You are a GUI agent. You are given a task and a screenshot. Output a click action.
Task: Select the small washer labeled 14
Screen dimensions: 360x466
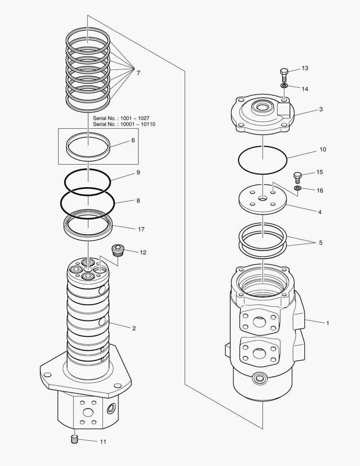click(x=284, y=86)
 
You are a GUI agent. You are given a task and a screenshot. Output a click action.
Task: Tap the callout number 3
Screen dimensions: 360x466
click(x=321, y=110)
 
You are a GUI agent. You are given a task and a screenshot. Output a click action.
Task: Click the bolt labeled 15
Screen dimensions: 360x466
click(x=297, y=177)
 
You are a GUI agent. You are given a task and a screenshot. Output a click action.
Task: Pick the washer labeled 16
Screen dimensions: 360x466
click(x=297, y=189)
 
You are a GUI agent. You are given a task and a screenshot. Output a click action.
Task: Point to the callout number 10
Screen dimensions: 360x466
click(x=322, y=150)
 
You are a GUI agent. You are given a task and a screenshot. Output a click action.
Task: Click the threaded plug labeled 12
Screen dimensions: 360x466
click(x=118, y=250)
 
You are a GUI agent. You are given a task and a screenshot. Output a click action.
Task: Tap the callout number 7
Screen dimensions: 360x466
click(x=138, y=73)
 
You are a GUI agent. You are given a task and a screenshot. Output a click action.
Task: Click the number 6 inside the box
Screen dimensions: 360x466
click(x=133, y=140)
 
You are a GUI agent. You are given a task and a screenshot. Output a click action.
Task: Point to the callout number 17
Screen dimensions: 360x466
click(x=141, y=230)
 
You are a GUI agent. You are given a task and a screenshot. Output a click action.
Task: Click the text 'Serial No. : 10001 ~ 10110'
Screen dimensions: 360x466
click(x=124, y=124)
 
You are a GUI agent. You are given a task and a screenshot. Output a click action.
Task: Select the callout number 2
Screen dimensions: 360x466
click(x=134, y=328)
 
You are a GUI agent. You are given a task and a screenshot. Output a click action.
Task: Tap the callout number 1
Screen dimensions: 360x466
click(x=328, y=323)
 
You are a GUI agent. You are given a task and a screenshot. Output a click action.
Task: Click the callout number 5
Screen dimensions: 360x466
click(x=320, y=243)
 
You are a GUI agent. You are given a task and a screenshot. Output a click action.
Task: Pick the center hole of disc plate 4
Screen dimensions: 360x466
click(x=263, y=198)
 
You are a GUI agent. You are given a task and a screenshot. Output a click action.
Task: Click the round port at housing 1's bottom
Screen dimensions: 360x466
click(x=260, y=379)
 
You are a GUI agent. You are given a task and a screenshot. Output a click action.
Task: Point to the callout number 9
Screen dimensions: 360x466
click(x=138, y=172)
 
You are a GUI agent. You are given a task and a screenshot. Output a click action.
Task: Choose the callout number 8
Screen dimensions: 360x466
click(x=138, y=201)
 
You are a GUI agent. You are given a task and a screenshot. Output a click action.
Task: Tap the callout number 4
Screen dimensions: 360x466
click(x=320, y=212)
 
